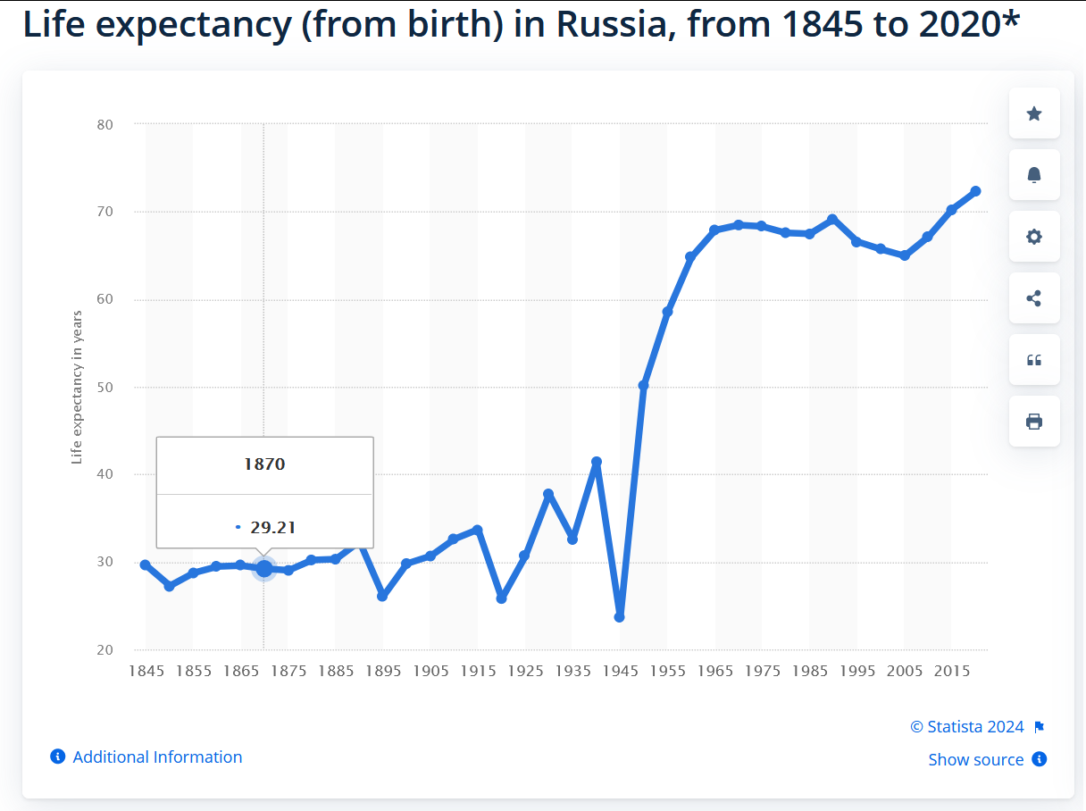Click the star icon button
click(x=1034, y=113)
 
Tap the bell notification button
click(x=1034, y=175)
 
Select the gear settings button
click(x=1034, y=237)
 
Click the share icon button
click(x=1034, y=298)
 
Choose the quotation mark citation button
click(x=1034, y=360)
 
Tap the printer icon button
click(x=1034, y=422)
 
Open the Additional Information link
click(x=157, y=757)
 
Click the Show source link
click(x=975, y=759)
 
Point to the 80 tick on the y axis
click(x=105, y=124)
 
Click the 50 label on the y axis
click(x=105, y=387)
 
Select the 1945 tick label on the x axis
click(x=620, y=671)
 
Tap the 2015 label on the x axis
click(x=951, y=671)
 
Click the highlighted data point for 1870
click(x=263, y=569)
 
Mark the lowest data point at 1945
click(x=620, y=617)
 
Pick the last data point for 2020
click(x=975, y=191)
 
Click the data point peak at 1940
click(x=597, y=462)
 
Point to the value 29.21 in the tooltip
click(x=272, y=528)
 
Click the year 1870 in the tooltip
click(x=264, y=464)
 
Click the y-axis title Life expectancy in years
click(x=77, y=387)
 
